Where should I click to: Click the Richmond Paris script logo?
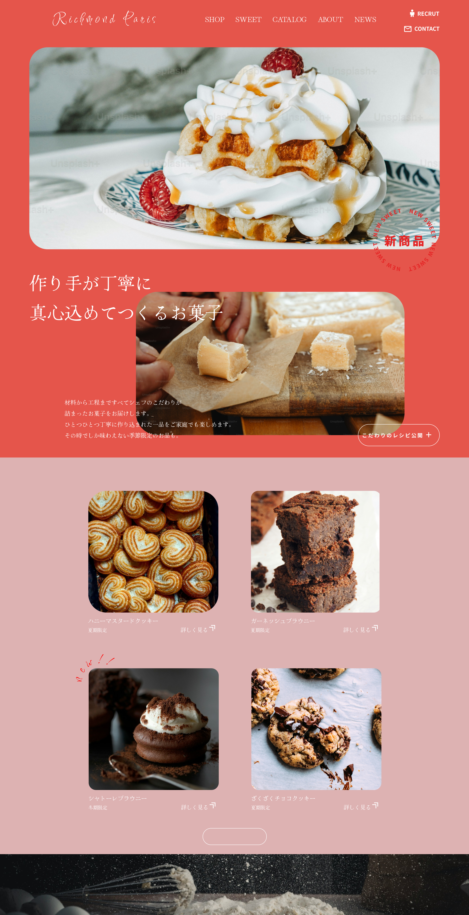104,19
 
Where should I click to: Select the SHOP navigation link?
215,20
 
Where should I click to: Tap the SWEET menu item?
248,20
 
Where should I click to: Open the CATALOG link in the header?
289,20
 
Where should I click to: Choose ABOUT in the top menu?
330,20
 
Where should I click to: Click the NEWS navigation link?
365,20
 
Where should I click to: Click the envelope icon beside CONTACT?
408,29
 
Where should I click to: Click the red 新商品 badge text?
404,241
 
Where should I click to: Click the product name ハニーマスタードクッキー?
123,620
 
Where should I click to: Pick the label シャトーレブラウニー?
117,798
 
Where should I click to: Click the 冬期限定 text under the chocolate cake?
98,807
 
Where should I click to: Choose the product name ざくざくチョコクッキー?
283,798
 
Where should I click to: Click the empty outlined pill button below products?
234,837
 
